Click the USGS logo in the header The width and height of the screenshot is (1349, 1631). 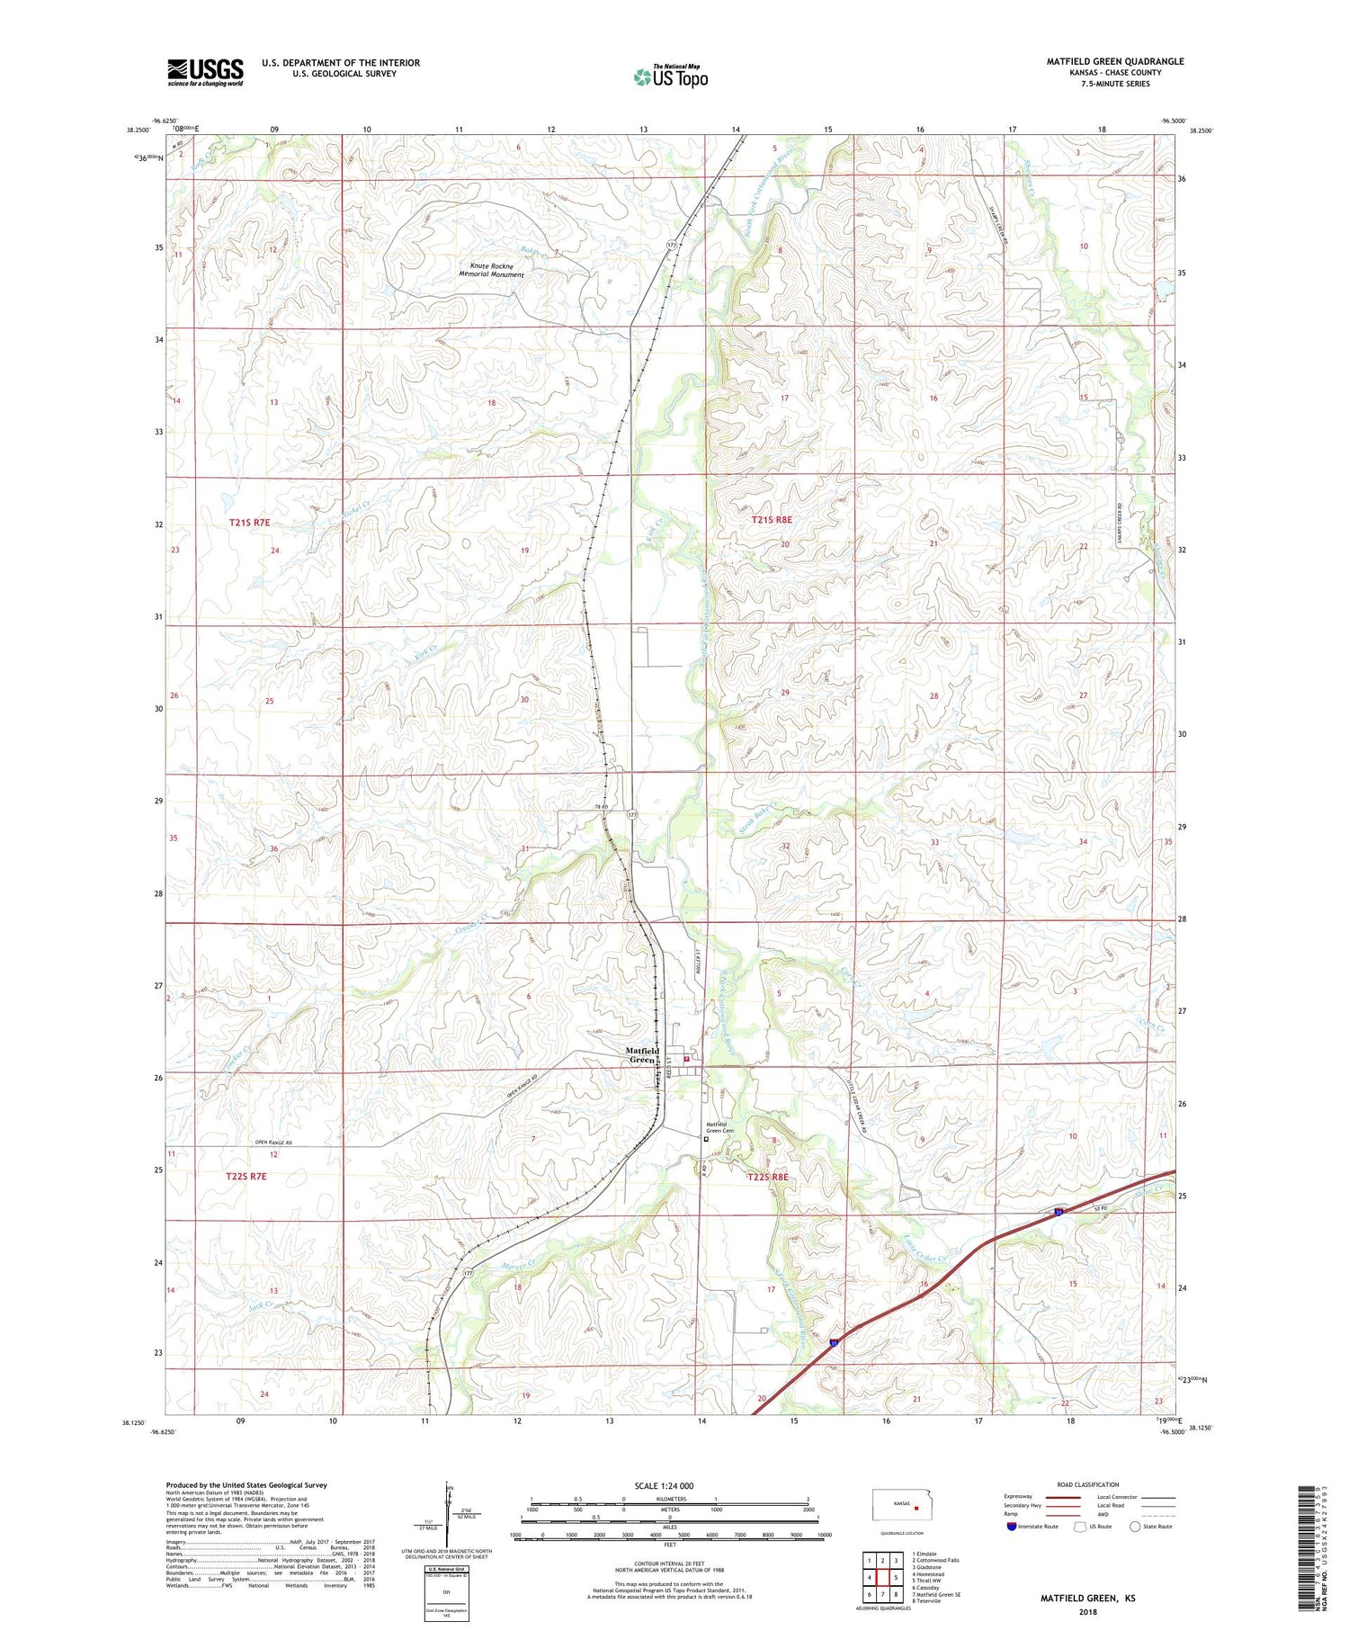pyautogui.click(x=205, y=72)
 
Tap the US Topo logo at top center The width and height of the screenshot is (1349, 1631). pyautogui.click(x=671, y=76)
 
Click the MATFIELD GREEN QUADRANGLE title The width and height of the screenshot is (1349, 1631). pyautogui.click(x=1114, y=61)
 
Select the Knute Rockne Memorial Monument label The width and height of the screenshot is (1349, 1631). pyautogui.click(x=491, y=270)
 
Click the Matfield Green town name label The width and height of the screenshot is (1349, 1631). pyautogui.click(x=642, y=1055)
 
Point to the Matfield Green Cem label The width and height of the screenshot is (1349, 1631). pyautogui.click(x=719, y=1127)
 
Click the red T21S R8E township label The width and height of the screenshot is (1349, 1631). pyautogui.click(x=772, y=520)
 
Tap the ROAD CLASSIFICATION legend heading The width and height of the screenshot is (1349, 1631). pyautogui.click(x=1088, y=1484)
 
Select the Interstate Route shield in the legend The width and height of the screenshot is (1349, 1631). pyautogui.click(x=1012, y=1527)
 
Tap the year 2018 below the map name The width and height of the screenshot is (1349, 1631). pyautogui.click(x=1087, y=1610)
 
